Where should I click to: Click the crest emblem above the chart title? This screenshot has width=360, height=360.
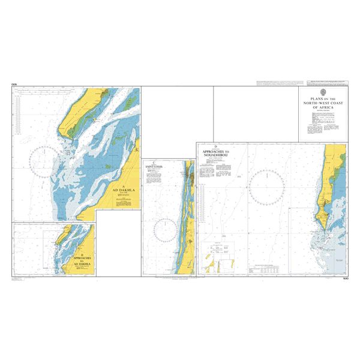click(x=323, y=92)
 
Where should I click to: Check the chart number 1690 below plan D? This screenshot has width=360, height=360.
click(x=343, y=278)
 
